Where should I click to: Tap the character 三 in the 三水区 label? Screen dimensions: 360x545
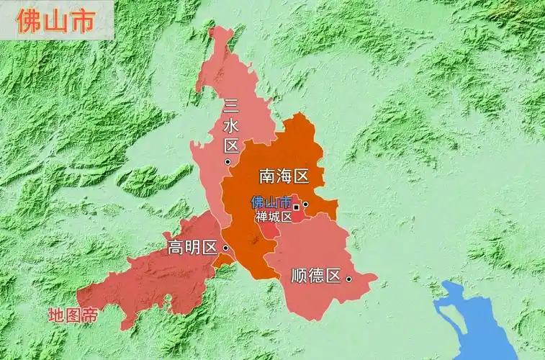tap(231, 107)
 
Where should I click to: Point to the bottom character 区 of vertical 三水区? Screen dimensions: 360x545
tap(231, 146)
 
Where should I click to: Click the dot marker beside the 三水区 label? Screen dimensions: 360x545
tap(228, 163)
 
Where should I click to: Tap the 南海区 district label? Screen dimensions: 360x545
tap(284, 176)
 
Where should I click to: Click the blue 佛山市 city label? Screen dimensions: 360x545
tap(271, 203)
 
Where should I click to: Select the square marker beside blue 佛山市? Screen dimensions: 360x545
tap(296, 207)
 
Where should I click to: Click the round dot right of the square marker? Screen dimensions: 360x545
tap(305, 204)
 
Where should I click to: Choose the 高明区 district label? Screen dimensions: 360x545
tap(192, 248)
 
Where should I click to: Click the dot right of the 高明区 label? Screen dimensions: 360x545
tap(225, 248)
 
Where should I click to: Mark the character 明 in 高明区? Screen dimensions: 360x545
tap(192, 248)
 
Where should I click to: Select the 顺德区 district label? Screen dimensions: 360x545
tap(315, 275)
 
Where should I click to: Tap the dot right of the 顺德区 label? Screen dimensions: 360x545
tap(348, 278)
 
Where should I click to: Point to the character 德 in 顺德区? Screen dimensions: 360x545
tap(316, 275)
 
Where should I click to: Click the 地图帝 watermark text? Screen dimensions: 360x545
tap(73, 315)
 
